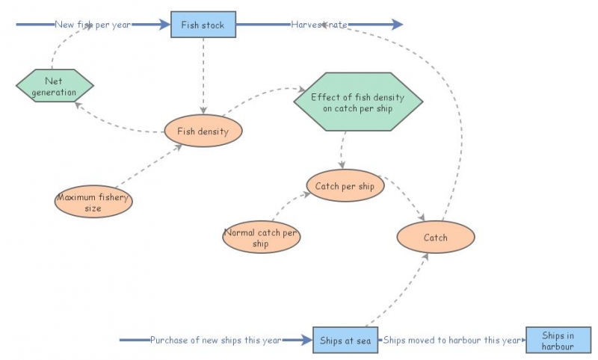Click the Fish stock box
[203, 25]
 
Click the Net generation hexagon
[55, 87]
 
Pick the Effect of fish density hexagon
[358, 102]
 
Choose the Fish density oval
[203, 131]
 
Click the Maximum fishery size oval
[93, 202]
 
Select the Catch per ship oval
[345, 186]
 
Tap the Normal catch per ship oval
[261, 238]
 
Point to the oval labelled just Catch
[435, 238]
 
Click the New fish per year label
[93, 25]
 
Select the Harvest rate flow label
[319, 25]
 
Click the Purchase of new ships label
[215, 341]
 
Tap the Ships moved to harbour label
[451, 341]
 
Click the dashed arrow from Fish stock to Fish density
[203, 75]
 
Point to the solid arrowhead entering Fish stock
[164, 25]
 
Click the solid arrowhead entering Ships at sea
[305, 341]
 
